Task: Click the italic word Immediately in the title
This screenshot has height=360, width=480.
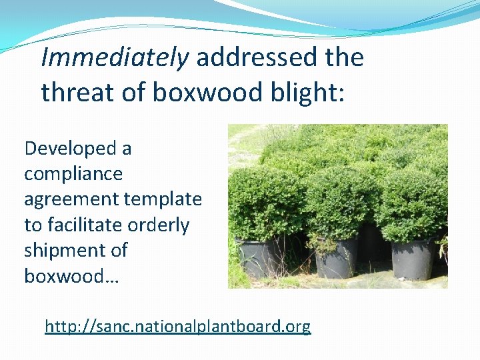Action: coord(115,59)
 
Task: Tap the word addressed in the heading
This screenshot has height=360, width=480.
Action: coord(255,58)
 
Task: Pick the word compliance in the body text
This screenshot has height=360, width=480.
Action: coord(73,174)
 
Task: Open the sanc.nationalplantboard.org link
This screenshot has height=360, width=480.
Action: coord(177,327)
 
